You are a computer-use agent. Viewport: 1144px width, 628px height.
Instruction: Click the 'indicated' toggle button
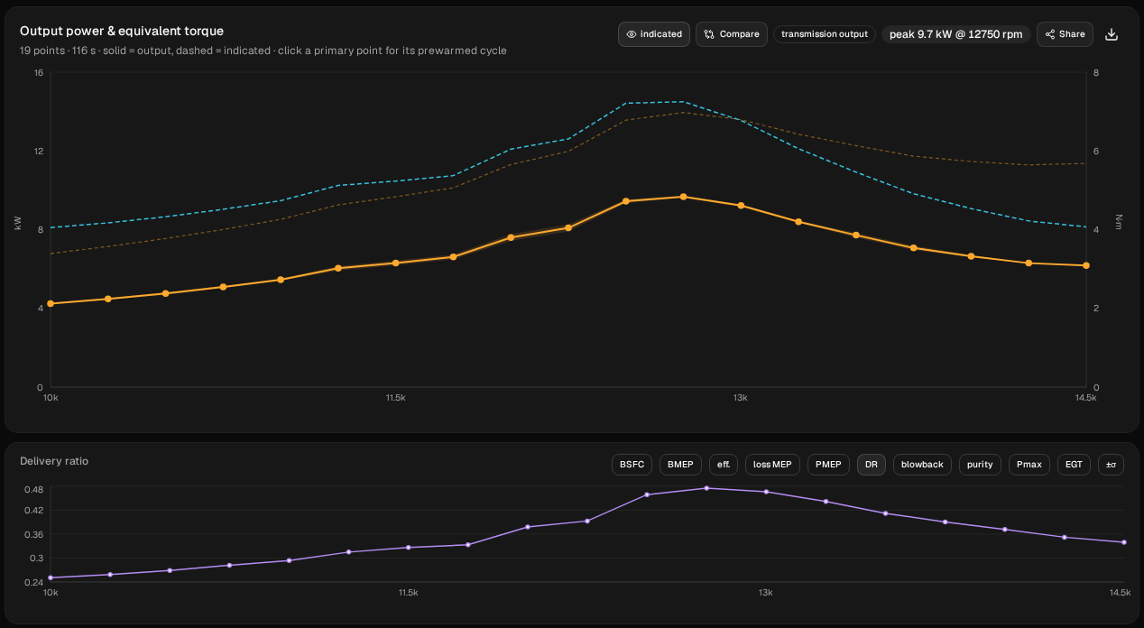coord(654,34)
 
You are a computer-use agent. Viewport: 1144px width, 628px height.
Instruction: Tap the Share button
coord(1065,34)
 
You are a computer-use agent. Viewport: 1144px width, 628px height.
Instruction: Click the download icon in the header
coord(1112,34)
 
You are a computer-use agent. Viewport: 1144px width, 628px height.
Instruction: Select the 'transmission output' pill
coord(825,34)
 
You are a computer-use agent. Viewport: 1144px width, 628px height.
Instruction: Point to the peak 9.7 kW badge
coord(955,34)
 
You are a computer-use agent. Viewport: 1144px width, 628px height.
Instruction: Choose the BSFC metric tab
coord(632,465)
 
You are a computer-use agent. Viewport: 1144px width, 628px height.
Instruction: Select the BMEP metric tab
coord(680,465)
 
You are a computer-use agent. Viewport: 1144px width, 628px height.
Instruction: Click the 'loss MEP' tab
coord(772,465)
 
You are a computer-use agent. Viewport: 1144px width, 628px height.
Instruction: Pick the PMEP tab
coord(828,465)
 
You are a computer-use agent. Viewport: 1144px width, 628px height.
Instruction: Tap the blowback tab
coord(922,465)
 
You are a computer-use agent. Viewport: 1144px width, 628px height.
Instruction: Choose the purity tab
coord(980,465)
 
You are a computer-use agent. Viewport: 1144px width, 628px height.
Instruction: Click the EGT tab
coord(1074,465)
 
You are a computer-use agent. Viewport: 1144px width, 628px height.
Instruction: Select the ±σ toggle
coord(1111,465)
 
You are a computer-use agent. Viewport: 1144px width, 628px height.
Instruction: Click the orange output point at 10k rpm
coord(51,304)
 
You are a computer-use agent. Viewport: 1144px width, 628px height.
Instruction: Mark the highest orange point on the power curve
coord(683,197)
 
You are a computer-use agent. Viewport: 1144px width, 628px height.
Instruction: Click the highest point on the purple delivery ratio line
coord(706,489)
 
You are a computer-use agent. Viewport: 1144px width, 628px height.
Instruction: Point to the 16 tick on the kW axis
coord(39,73)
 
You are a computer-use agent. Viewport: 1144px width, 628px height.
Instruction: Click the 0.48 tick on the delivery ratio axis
coord(33,490)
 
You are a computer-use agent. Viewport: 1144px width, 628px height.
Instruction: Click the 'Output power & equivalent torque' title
coord(122,32)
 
